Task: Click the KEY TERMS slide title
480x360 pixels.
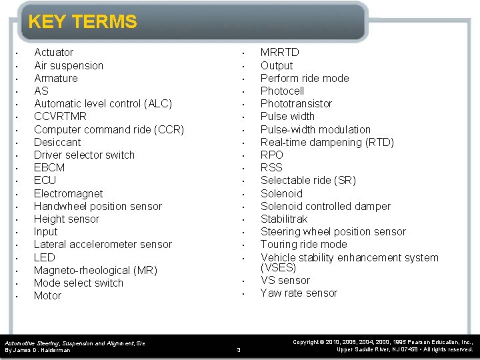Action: click(82, 22)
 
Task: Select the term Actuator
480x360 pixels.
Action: click(54, 53)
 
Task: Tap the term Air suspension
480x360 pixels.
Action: click(69, 65)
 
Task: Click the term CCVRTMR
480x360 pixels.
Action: click(60, 117)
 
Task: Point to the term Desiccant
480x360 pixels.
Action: click(57, 142)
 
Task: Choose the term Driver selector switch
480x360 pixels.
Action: click(84, 155)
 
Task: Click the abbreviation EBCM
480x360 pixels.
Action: click(49, 167)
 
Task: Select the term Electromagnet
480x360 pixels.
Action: click(68, 193)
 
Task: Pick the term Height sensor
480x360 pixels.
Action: click(66, 219)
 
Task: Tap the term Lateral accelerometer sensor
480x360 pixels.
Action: click(103, 245)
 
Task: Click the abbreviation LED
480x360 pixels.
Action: click(45, 257)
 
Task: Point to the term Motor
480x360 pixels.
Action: click(47, 295)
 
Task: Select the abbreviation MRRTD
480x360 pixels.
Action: click(279, 53)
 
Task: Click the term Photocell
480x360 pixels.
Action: click(282, 91)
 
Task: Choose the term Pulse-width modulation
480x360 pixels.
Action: click(315, 129)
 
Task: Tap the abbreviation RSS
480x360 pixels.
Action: click(271, 167)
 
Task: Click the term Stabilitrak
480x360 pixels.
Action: click(284, 219)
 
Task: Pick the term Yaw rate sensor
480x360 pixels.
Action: click(299, 293)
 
